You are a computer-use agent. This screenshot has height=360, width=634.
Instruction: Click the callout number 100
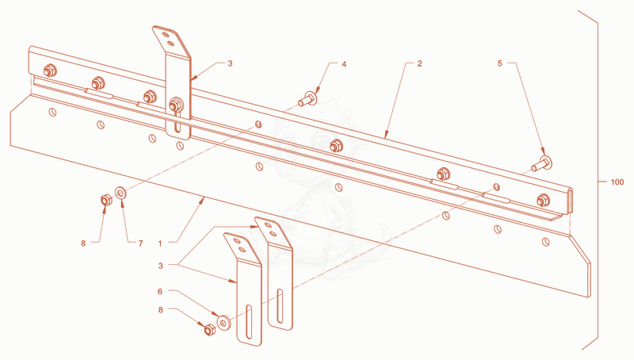(617, 182)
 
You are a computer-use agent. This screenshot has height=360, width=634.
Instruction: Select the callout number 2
(420, 63)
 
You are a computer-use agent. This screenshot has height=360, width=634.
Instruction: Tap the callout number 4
(344, 64)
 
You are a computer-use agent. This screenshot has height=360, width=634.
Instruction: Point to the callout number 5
(500, 63)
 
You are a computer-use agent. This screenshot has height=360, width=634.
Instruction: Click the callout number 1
(160, 243)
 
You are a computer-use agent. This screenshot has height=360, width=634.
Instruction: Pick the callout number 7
(141, 243)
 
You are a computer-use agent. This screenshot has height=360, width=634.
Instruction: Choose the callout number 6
(160, 291)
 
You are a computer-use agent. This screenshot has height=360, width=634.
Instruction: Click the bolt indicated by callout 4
(308, 98)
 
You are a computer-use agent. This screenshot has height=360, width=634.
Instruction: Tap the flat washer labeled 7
(121, 193)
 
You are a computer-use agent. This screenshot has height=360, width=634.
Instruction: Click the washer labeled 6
(223, 322)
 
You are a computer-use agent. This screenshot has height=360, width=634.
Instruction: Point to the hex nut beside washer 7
(105, 200)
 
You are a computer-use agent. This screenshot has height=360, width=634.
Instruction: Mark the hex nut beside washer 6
(209, 330)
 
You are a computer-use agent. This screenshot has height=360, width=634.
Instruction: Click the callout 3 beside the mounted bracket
(230, 63)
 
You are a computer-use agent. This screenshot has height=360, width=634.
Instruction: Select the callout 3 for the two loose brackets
(161, 266)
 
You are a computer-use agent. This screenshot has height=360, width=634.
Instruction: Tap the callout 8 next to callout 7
(83, 243)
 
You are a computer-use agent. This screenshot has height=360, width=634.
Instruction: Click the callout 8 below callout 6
(161, 310)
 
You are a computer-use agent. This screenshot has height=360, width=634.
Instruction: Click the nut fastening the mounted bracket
(175, 105)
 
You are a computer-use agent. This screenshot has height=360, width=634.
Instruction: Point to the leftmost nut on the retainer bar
(50, 71)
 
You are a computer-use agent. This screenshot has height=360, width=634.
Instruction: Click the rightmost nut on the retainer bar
(543, 200)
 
